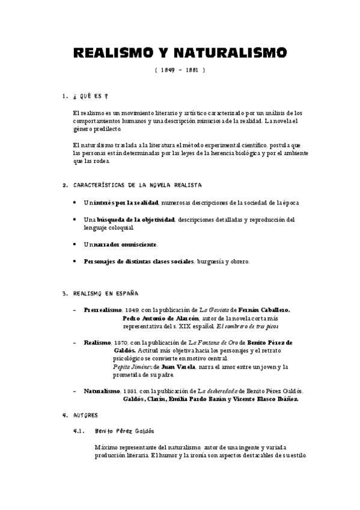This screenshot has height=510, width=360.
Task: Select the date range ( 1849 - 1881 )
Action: click(180, 70)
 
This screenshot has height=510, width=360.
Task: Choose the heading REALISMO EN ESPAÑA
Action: click(105, 293)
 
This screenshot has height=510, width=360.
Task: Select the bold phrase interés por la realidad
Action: click(124, 204)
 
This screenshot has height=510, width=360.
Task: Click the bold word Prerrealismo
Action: click(103, 310)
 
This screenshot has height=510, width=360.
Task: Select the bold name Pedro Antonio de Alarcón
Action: click(160, 318)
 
